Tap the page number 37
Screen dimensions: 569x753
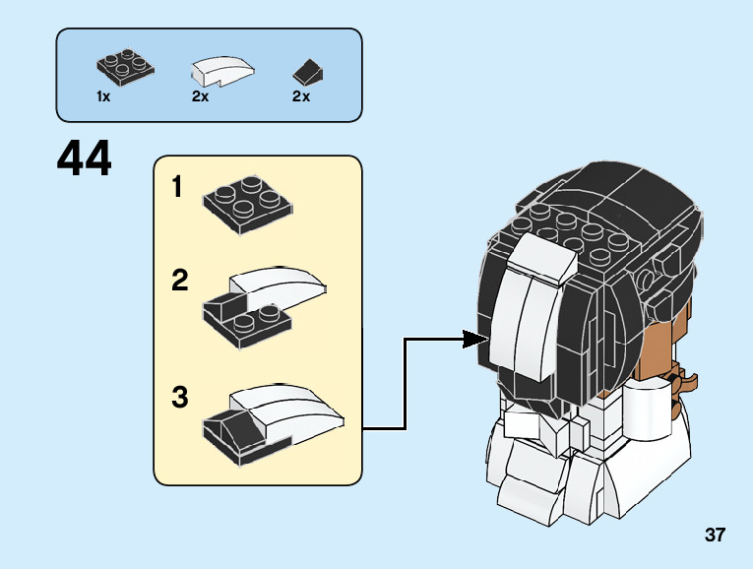(x=715, y=536)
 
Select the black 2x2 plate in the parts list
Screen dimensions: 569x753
(x=123, y=67)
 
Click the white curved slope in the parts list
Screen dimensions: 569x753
(x=221, y=69)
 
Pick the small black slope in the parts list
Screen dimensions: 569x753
(x=309, y=71)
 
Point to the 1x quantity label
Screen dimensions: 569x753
(x=103, y=96)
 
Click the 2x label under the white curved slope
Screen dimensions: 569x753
(x=201, y=96)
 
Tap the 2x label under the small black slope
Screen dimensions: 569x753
(x=301, y=96)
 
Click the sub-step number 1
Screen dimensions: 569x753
(x=178, y=187)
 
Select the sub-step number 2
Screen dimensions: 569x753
(x=179, y=282)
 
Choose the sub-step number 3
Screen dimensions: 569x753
(x=179, y=398)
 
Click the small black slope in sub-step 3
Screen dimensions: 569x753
(x=225, y=430)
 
